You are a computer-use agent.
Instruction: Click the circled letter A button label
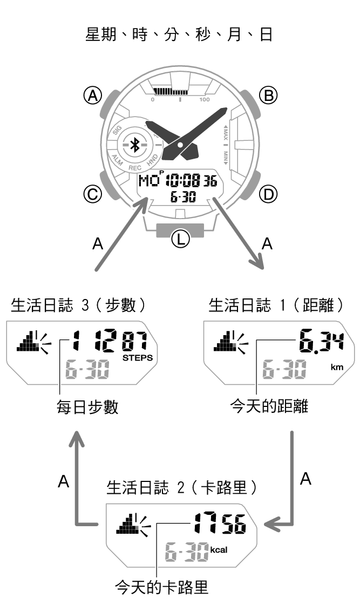pos(92,95)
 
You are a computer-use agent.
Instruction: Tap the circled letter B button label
pos(268,95)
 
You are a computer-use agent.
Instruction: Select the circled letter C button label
pos(92,194)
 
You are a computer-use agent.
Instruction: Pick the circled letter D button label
pos(268,194)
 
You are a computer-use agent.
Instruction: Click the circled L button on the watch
pos(180,239)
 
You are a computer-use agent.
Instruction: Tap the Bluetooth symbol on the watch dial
pos(135,145)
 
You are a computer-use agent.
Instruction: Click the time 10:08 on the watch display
pos(184,181)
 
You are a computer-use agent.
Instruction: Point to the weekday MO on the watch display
pos(149,181)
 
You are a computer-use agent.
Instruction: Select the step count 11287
pos(110,341)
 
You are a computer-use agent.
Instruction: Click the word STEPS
pos(138,358)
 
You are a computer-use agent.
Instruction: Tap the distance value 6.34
pos(321,341)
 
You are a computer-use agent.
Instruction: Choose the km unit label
pos(337,368)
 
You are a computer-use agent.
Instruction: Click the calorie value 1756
pos(220,523)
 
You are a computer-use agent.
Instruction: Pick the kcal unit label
pos(219,550)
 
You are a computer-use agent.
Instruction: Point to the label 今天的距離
pos(269,406)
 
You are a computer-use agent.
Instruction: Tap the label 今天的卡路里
pos(161,587)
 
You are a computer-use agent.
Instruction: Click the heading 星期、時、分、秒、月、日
pos(179,35)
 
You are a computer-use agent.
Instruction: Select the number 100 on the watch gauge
pos(204,100)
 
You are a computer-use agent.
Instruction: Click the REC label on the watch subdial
pos(135,168)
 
